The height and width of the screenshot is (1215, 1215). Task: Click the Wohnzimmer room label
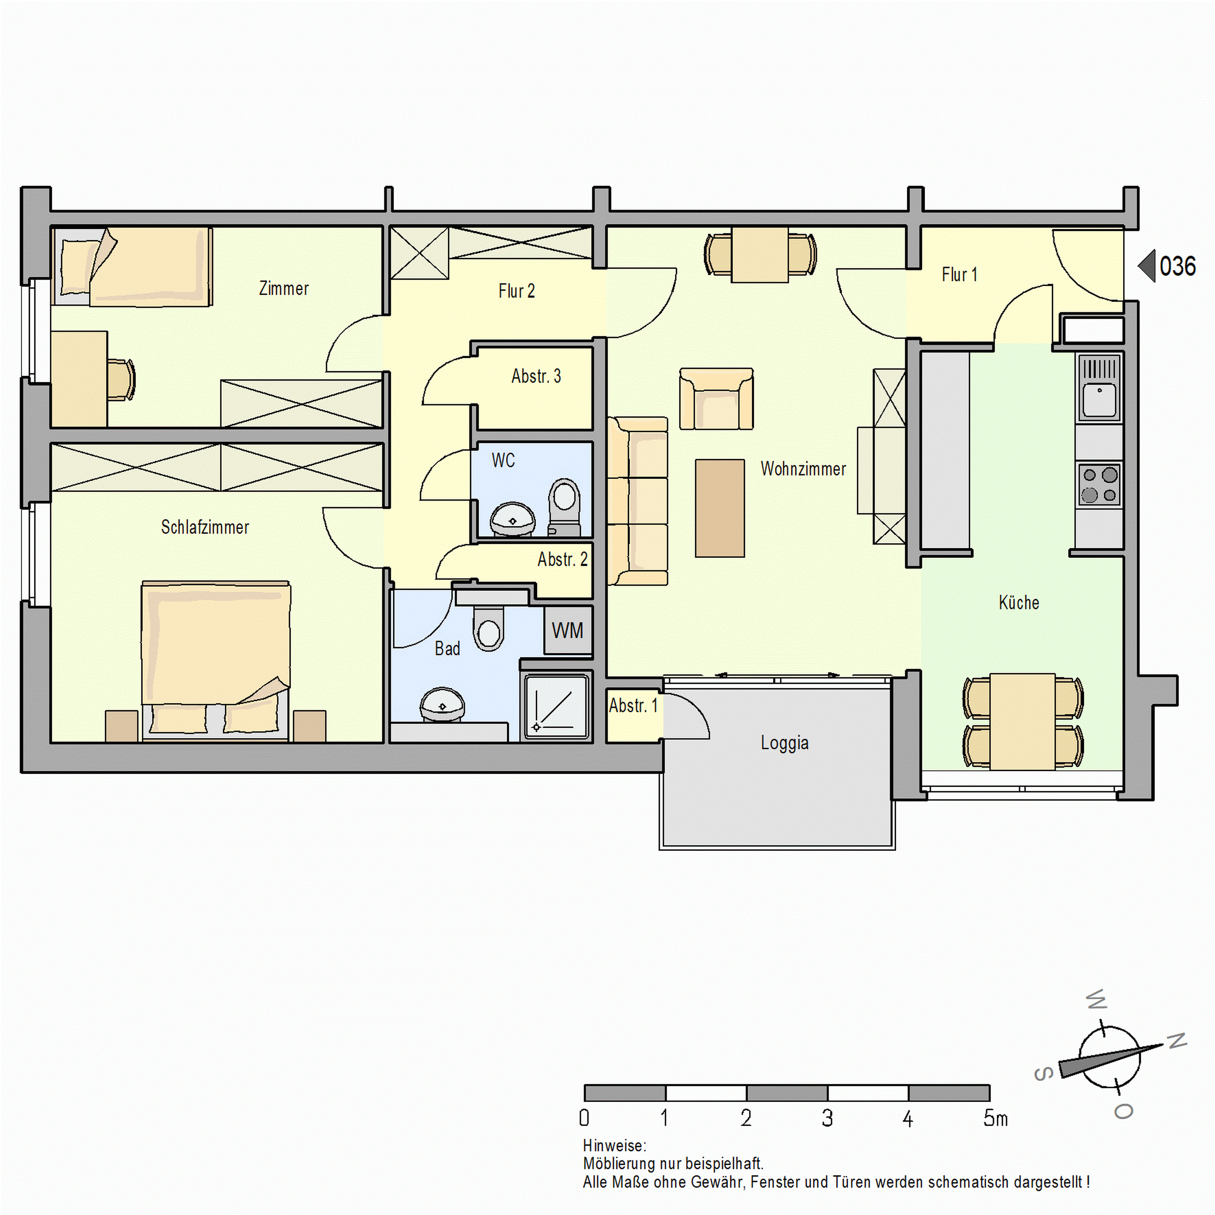click(x=803, y=469)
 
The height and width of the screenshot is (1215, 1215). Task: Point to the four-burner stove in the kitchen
click(x=1100, y=484)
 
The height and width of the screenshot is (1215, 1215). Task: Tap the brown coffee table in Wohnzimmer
click(x=720, y=508)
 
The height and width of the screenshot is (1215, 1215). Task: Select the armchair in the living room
click(x=716, y=399)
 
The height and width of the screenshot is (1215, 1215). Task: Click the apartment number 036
click(x=1177, y=266)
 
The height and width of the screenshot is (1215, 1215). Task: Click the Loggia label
click(x=784, y=743)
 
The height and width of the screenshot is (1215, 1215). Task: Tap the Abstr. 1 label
click(x=633, y=705)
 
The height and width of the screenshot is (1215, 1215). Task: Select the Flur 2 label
click(x=516, y=291)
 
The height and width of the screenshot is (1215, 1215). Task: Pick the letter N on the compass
click(x=1177, y=1041)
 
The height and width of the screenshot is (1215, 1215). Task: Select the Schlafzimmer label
click(x=205, y=527)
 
